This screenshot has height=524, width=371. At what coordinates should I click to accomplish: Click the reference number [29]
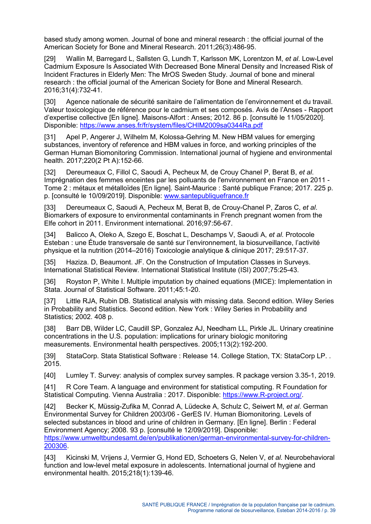tap(50, 59)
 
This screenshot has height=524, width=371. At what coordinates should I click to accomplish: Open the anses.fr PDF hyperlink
tap(171, 125)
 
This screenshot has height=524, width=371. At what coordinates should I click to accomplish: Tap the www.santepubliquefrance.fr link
tap(206, 196)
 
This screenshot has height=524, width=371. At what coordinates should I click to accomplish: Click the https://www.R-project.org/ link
tap(262, 395)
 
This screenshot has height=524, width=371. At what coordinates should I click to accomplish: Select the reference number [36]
tap(50, 282)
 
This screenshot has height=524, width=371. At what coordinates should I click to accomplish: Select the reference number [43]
tap(50, 458)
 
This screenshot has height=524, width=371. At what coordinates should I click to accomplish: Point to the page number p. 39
tap(330, 511)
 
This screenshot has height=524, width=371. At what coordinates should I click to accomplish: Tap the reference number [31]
tap(50, 137)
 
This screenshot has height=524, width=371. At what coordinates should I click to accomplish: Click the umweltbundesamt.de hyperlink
tap(187, 438)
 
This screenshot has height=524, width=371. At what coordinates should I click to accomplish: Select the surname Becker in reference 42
tap(76, 407)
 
